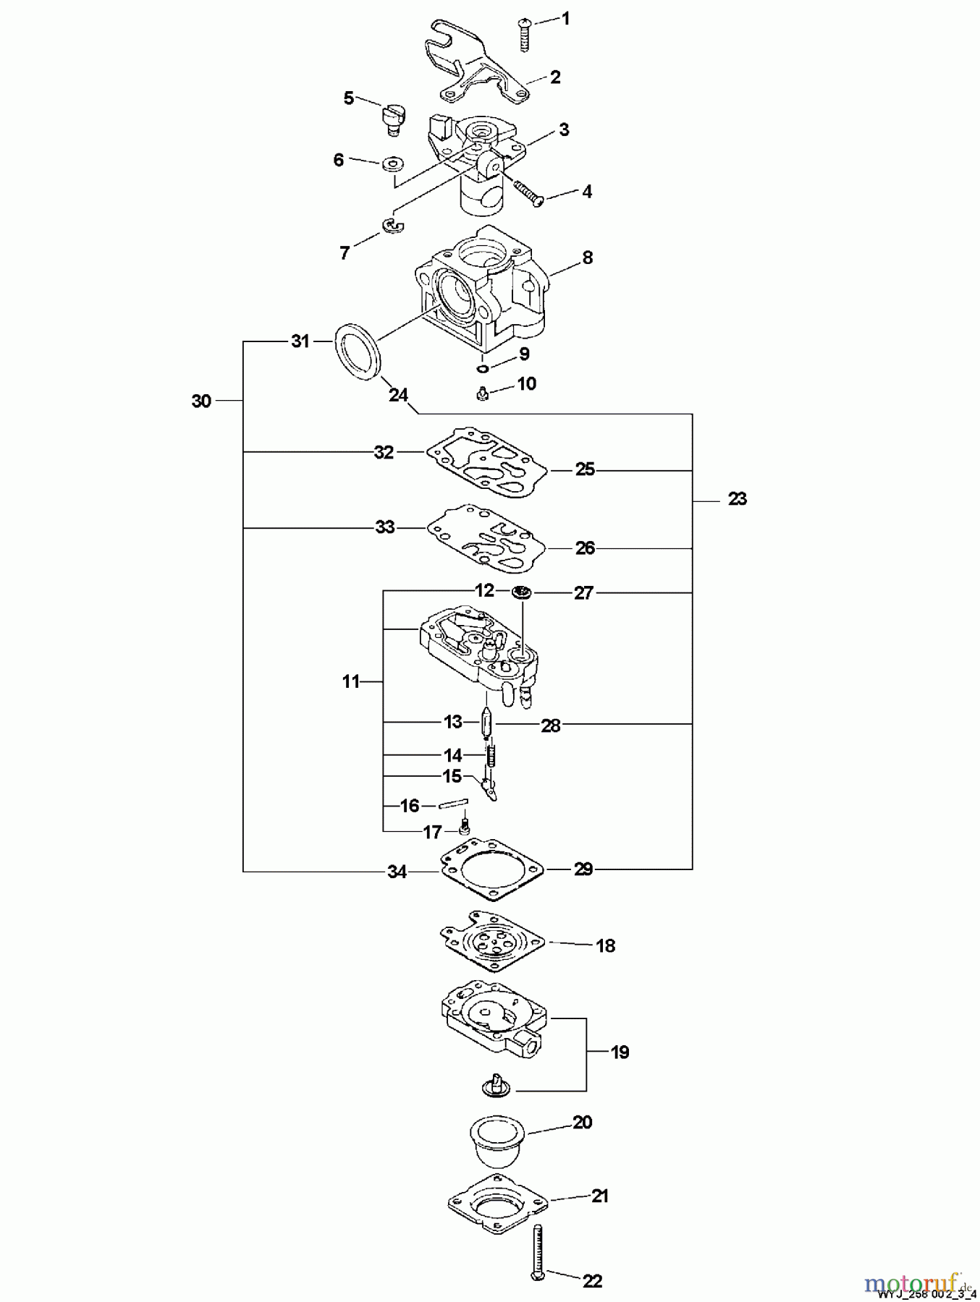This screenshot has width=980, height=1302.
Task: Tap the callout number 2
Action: pos(555,77)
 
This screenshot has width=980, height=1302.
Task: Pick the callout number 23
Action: pos(737,498)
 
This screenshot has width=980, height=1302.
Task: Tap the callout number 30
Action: pos(201,401)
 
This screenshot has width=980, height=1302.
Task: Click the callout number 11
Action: pos(351,681)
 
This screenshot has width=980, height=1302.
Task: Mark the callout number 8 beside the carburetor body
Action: pos(587,257)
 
